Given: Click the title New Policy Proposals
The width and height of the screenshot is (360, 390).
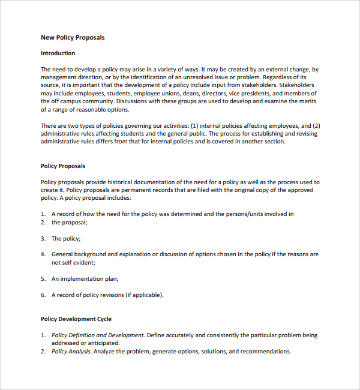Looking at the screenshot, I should pyautogui.click(x=73, y=37).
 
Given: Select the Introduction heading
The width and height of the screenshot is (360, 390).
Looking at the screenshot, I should pyautogui.click(x=58, y=53).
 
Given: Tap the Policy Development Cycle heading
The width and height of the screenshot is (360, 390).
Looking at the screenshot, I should pyautogui.click(x=76, y=319).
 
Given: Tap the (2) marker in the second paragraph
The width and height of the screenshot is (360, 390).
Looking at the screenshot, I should pyautogui.click(x=316, y=125).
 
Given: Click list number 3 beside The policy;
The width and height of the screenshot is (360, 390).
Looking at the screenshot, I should pyautogui.click(x=43, y=238).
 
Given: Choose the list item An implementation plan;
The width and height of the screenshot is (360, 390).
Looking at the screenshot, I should pyautogui.click(x=85, y=278).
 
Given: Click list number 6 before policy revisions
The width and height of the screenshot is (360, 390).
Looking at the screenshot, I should pyautogui.click(x=43, y=295).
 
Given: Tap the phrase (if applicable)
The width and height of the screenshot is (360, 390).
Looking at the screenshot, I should pyautogui.click(x=144, y=295).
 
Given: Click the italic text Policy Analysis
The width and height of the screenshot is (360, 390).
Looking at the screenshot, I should pyautogui.click(x=71, y=351).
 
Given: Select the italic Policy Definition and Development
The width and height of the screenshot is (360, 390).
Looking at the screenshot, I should pyautogui.click(x=98, y=335).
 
